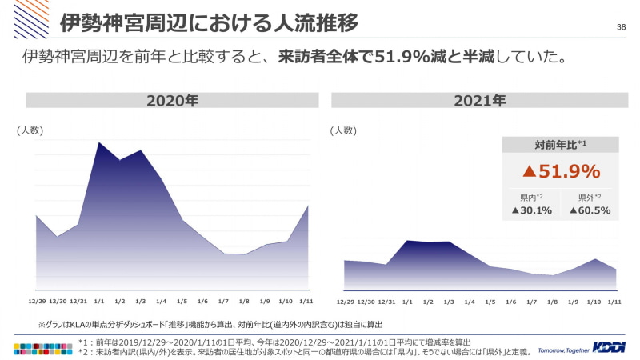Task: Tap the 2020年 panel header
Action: (172, 102)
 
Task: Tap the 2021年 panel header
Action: (480, 102)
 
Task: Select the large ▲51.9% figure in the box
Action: (561, 171)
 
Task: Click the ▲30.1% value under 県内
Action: (532, 210)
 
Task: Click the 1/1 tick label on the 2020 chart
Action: (99, 302)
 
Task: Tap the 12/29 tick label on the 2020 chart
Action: (37, 302)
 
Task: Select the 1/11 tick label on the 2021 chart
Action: (615, 302)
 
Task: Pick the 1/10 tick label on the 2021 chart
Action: (594, 302)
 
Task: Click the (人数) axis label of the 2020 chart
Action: (30, 130)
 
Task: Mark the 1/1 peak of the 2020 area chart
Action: (98, 142)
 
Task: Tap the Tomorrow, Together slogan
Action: (563, 349)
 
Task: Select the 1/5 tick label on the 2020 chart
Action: (182, 302)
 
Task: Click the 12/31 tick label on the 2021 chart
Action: (386, 302)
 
